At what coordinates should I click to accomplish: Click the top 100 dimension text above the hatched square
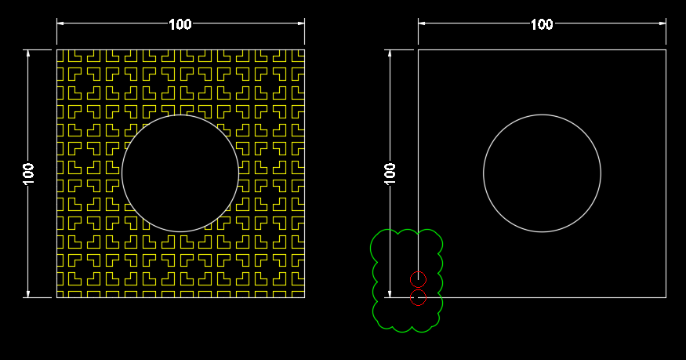tap(180, 24)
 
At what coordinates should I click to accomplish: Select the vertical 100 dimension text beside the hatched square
tap(28, 173)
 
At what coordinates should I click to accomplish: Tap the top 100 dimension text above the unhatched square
tap(542, 24)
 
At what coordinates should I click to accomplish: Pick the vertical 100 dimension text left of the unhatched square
tap(390, 173)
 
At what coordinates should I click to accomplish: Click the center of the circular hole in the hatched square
tap(180, 173)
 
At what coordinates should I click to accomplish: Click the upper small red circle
tap(418, 279)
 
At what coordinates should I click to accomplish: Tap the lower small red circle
tap(418, 297)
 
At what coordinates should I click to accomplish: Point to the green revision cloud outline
tap(372, 251)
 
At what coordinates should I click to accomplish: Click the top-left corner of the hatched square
tap(56, 49)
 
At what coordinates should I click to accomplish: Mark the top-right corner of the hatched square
tap(304, 49)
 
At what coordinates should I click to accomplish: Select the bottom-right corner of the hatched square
tap(304, 298)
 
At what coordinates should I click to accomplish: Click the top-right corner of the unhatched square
tap(666, 49)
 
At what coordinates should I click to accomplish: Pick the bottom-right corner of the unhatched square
tap(666, 298)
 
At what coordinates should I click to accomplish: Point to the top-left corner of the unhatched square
tap(418, 49)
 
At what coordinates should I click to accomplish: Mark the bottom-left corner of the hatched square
tap(56, 298)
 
